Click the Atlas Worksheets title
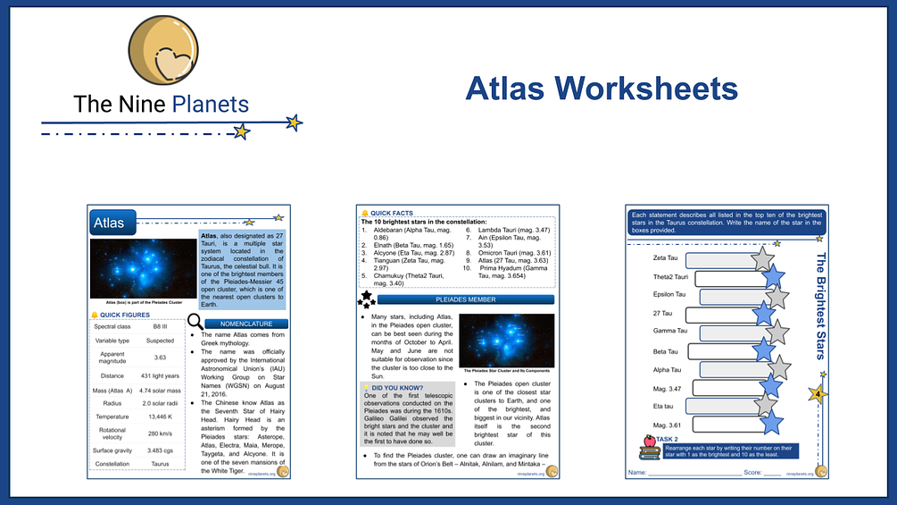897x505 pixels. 602,88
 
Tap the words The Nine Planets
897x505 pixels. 161,105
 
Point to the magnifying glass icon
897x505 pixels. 195,322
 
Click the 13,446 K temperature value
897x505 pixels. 161,417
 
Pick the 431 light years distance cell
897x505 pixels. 161,375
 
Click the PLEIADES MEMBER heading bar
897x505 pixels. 467,299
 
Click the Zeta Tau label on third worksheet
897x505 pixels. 665,258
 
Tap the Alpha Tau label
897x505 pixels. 667,369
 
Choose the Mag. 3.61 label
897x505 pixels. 666,425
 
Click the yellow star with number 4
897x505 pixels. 816,393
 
